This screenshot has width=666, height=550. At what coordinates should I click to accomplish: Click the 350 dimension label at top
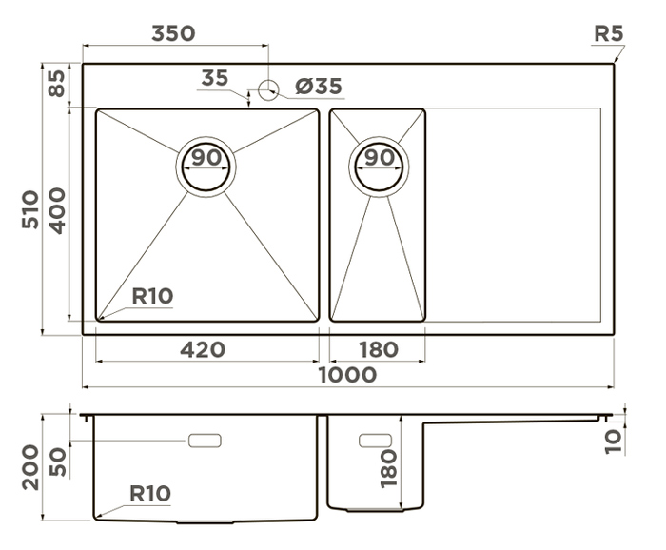tap(173, 33)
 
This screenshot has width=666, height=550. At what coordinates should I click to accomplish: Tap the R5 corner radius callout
tap(608, 33)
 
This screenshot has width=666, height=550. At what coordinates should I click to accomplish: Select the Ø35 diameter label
tap(319, 87)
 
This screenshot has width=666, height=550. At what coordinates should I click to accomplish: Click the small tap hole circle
tap(268, 89)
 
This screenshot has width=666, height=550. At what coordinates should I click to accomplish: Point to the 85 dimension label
tap(56, 83)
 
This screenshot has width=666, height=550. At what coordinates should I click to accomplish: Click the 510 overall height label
tap(30, 209)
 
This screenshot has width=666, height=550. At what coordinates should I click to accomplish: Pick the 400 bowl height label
tap(57, 211)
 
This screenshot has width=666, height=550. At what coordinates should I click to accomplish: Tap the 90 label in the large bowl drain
tap(206, 157)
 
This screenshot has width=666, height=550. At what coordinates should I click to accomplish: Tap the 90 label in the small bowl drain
tap(380, 158)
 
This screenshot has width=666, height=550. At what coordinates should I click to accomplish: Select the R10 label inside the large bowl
tap(152, 296)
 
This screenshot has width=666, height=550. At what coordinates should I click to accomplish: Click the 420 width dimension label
tap(203, 349)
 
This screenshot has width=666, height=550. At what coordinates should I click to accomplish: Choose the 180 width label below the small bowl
tap(379, 350)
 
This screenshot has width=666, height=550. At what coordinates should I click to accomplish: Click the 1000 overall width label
tap(347, 375)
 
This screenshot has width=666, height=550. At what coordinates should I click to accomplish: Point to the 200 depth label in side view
tap(30, 467)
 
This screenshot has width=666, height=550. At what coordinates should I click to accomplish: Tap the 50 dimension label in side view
tap(58, 462)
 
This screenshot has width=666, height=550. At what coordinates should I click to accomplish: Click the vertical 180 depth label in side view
tap(388, 469)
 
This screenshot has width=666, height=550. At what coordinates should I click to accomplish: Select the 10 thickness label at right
tap(613, 442)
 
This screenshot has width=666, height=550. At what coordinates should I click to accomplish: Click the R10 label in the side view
tap(150, 494)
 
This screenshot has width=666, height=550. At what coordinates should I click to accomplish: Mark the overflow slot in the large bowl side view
tap(205, 441)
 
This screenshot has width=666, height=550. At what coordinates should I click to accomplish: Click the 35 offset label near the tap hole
tap(214, 78)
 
